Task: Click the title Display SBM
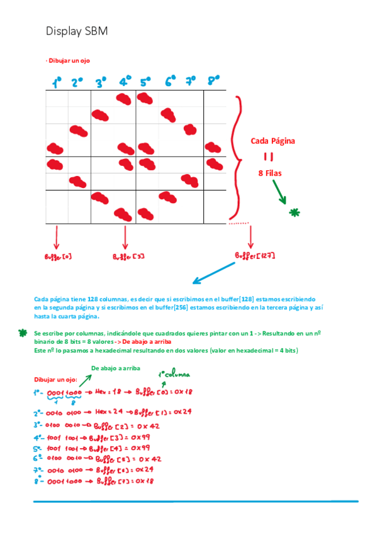tap(72, 31)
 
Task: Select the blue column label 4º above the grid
tap(125, 81)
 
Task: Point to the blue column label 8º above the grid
tap(213, 80)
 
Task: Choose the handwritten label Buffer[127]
tap(255, 256)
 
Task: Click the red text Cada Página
tap(273, 141)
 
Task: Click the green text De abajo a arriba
tap(115, 368)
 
